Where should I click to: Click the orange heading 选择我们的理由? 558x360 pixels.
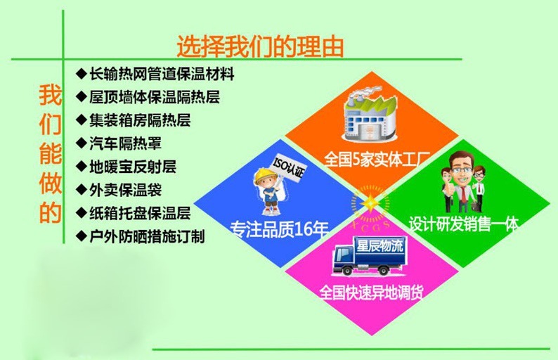[x=260, y=46]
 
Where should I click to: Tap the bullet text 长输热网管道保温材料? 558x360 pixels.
[x=162, y=74]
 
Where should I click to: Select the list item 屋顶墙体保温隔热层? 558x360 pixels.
[x=155, y=97]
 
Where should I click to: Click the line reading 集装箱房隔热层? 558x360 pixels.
[x=140, y=120]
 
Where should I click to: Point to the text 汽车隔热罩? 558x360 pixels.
[x=125, y=143]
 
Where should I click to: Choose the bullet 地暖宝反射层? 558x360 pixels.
[x=133, y=167]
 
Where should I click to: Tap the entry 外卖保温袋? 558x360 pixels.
[x=125, y=190]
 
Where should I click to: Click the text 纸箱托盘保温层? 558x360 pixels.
[x=140, y=213]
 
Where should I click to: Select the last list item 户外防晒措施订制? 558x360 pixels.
[x=147, y=236]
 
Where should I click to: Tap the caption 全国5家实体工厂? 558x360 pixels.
[x=377, y=159]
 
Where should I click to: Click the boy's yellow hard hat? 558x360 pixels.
[x=265, y=175]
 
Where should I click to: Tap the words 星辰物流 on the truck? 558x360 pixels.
[x=379, y=245]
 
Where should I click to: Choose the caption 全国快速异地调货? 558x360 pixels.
[x=371, y=292]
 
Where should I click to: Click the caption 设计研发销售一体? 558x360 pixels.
[x=463, y=224]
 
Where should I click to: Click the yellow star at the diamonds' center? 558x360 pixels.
[x=370, y=203]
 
